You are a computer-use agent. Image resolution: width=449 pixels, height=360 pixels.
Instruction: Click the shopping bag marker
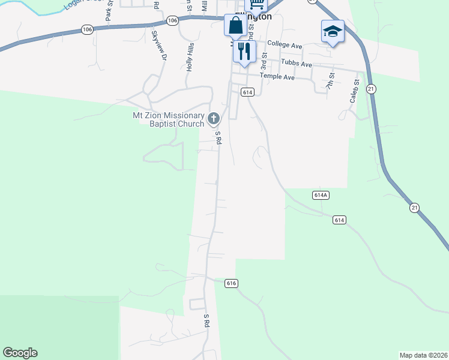click(234, 26)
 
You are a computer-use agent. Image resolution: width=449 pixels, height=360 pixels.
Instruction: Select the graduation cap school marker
click(332, 31)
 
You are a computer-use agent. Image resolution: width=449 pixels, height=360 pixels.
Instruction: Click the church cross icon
click(213, 119)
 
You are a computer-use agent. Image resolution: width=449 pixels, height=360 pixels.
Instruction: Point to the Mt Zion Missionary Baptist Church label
click(169, 119)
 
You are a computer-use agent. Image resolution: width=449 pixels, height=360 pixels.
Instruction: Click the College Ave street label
click(285, 45)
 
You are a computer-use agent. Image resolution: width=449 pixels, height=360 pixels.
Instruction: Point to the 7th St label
click(330, 80)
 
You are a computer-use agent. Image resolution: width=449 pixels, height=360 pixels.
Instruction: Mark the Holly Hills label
click(190, 58)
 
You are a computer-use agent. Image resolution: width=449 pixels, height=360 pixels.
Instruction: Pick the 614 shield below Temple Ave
click(248, 92)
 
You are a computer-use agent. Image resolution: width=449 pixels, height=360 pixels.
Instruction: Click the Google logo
click(20, 353)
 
